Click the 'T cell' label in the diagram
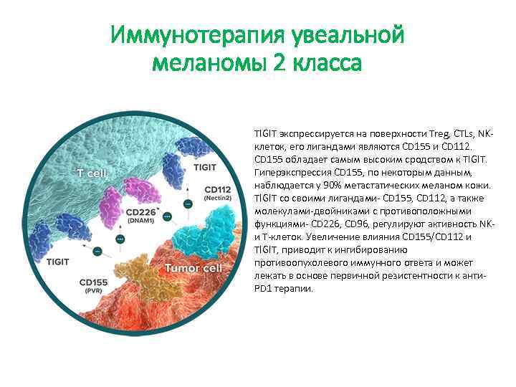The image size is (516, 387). pyautogui.click(x=96, y=174)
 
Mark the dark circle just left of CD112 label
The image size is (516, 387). pyautogui.click(x=188, y=204)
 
